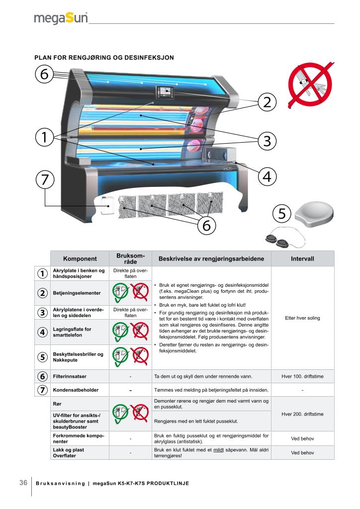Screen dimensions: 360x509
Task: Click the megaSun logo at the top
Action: [61, 18]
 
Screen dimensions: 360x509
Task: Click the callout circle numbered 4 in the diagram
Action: [267, 176]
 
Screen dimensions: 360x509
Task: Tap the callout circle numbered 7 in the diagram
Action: [45, 179]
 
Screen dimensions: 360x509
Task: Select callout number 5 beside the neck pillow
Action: [282, 213]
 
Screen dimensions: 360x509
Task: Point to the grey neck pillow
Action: [314, 213]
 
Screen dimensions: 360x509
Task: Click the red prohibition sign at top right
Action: [311, 85]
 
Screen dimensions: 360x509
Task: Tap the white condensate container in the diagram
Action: [106, 205]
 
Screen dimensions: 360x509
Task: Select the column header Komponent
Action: [80, 258]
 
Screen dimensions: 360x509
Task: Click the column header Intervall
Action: [302, 258]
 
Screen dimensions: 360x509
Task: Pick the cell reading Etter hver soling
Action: [302, 318]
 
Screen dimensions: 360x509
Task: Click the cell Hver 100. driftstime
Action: [302, 376]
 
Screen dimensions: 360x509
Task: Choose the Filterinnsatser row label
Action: [70, 376]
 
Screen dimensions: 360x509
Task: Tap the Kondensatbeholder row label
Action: [76, 390]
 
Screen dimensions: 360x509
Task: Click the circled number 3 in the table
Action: [42, 312]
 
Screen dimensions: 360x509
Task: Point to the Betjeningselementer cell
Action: [77, 293]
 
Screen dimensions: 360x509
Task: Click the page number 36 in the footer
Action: [23, 483]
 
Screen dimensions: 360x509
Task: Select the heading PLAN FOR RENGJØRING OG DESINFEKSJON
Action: [104, 58]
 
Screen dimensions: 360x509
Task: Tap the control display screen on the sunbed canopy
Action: [166, 92]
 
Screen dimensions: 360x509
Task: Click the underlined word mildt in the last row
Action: [218, 450]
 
